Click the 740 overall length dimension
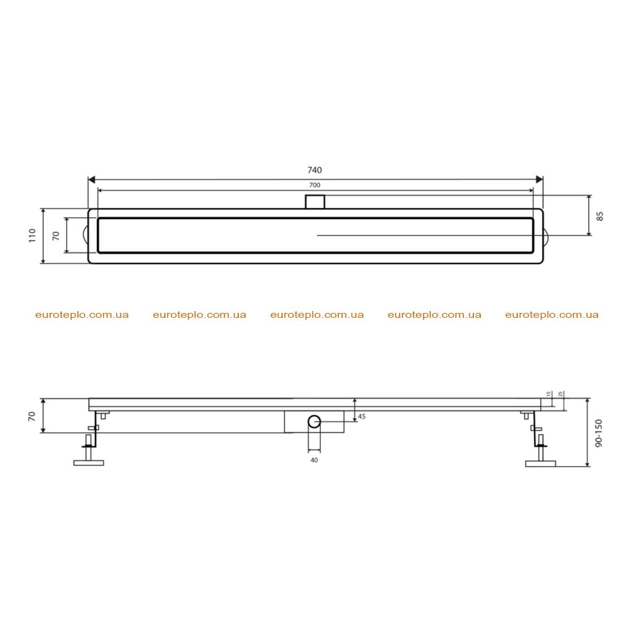[314, 170]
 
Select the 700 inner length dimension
[314, 185]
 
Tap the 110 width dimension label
[32, 235]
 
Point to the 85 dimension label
[600, 216]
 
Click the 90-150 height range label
[599, 433]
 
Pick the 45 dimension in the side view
[362, 417]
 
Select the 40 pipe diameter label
[314, 460]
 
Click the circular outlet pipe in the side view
[314, 422]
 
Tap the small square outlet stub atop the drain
[315, 202]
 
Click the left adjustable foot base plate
[89, 463]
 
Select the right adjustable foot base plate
[541, 464]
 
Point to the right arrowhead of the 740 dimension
[539, 180]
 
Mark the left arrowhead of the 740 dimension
[91, 180]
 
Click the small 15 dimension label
[548, 394]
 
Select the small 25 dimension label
[560, 394]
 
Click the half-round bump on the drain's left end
[85, 235]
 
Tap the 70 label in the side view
[32, 417]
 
